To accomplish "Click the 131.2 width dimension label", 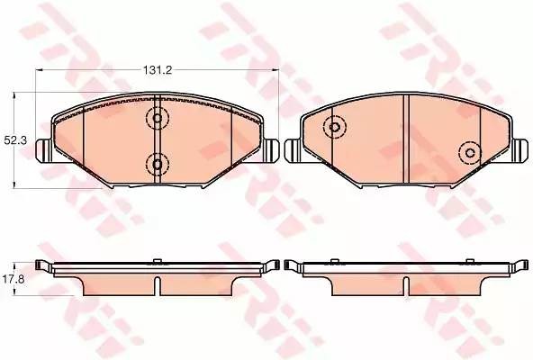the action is point(158,70).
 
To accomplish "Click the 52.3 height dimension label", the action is point(15,140).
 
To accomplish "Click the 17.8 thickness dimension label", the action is point(14,279).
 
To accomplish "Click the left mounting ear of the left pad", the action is point(43,149).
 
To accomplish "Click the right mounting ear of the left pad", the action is point(270,150).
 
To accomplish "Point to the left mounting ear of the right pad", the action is point(293,150).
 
